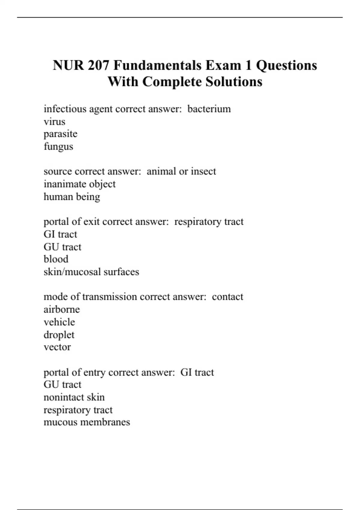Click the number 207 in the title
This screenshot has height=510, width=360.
tap(98, 65)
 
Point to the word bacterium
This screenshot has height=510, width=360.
tap(209, 109)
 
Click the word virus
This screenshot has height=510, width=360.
tap(54, 122)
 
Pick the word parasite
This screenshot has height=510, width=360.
tap(60, 134)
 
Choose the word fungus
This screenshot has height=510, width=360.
tap(58, 147)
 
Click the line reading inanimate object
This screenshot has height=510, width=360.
tap(79, 184)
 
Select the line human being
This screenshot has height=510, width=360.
tap(72, 197)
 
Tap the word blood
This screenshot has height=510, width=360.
tap(56, 259)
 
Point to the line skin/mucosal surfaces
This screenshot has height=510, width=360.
tap(91, 272)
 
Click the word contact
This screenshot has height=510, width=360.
tap(227, 297)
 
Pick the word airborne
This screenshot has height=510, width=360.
tap(61, 309)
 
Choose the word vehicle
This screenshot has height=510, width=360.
tap(59, 322)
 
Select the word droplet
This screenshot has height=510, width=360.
tap(59, 335)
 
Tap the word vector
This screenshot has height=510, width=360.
tap(57, 347)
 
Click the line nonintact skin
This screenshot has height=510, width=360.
tap(74, 397)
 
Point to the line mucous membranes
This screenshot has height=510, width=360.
tap(87, 422)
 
